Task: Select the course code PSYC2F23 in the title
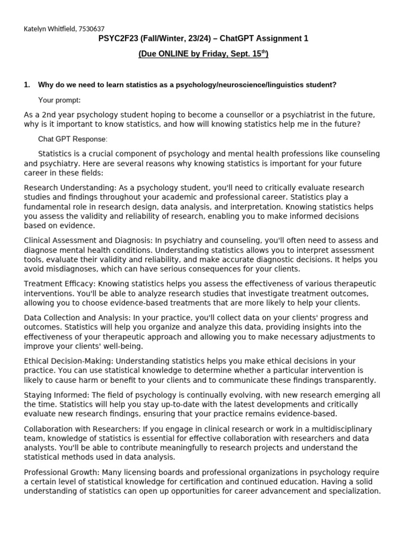[x=118, y=39]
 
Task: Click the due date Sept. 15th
[x=251, y=54]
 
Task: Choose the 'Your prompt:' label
[x=59, y=100]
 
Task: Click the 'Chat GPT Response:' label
[x=73, y=139]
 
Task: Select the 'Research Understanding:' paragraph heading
[x=66, y=188]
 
